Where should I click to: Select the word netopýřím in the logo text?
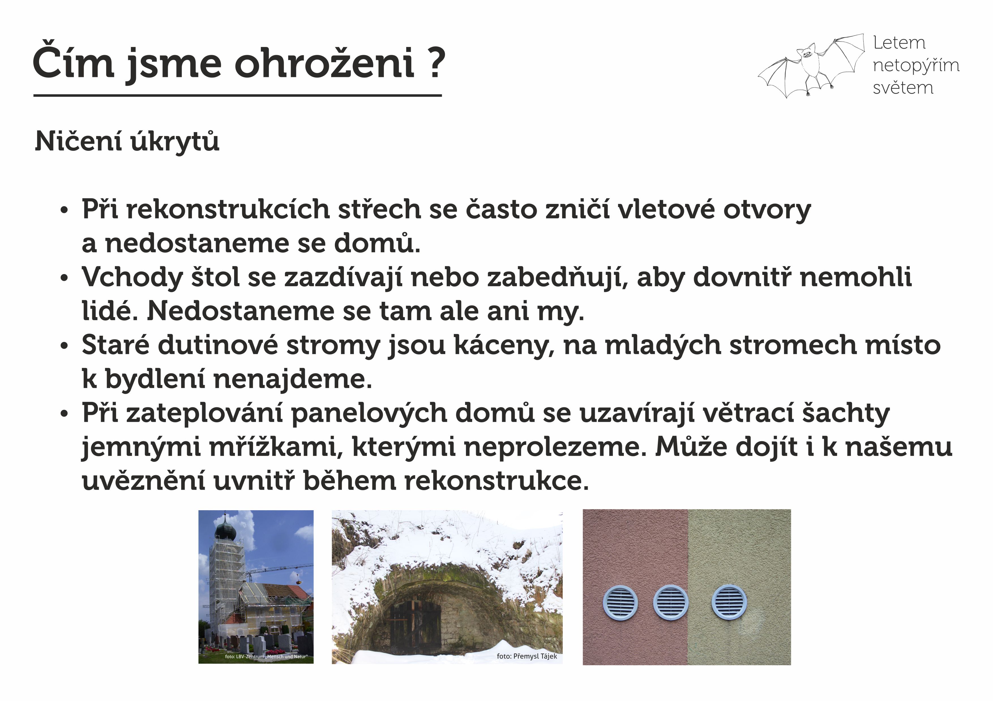tap(916, 65)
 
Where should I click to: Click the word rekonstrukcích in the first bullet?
tap(228, 209)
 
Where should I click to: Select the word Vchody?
tap(132, 277)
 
